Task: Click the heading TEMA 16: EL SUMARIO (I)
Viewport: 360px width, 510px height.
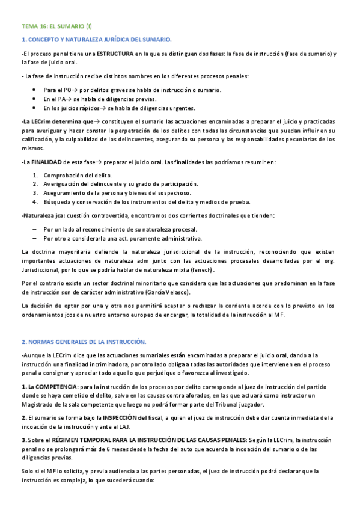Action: click(x=56, y=26)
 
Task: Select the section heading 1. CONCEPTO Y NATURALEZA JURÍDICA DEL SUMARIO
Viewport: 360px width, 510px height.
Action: click(x=96, y=40)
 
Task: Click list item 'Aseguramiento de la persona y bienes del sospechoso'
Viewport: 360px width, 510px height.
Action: click(x=117, y=192)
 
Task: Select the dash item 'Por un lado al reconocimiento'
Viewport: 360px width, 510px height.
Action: click(x=120, y=229)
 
